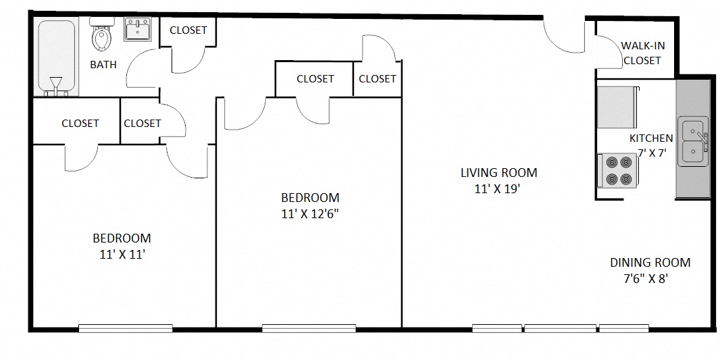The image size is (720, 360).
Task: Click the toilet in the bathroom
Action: pos(102,38)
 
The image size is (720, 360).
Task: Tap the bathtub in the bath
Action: pos(57,57)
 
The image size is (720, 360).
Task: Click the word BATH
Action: pos(103,65)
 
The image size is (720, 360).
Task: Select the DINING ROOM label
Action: pos(650,263)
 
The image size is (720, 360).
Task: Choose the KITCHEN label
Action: pos(651,138)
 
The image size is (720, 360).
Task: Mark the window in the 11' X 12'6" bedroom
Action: pos(309,328)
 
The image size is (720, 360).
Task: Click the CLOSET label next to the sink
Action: pos(188,30)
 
